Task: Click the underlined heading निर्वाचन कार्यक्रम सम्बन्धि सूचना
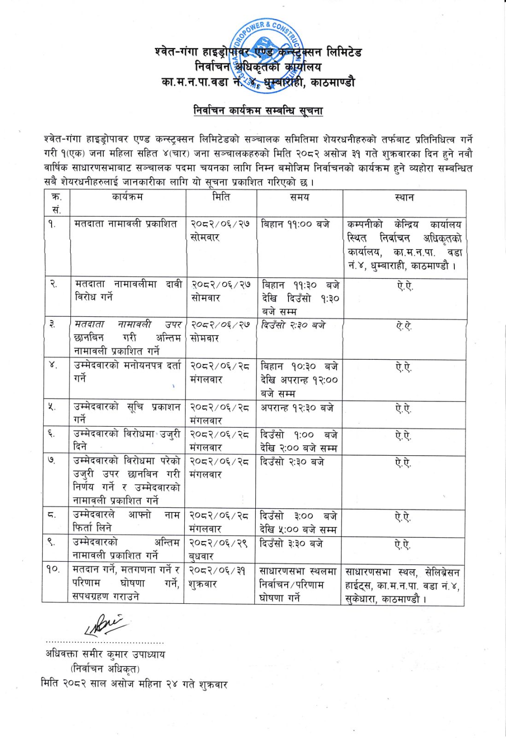tap(258, 111)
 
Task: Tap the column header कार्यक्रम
tap(128, 197)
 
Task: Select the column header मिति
tap(221, 197)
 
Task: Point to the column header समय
tap(300, 197)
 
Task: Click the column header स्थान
tap(404, 197)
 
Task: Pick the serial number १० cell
tap(53, 570)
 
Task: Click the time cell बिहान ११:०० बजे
tap(295, 225)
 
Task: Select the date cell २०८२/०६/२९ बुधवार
tap(219, 550)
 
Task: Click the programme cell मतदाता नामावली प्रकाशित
tap(126, 224)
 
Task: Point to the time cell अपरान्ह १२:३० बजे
tap(297, 408)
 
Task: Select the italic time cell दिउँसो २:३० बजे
tap(293, 325)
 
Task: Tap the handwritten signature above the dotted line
tap(105, 624)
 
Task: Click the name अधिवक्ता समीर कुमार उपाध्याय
tap(105, 654)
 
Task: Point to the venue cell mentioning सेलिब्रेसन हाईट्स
tap(403, 586)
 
